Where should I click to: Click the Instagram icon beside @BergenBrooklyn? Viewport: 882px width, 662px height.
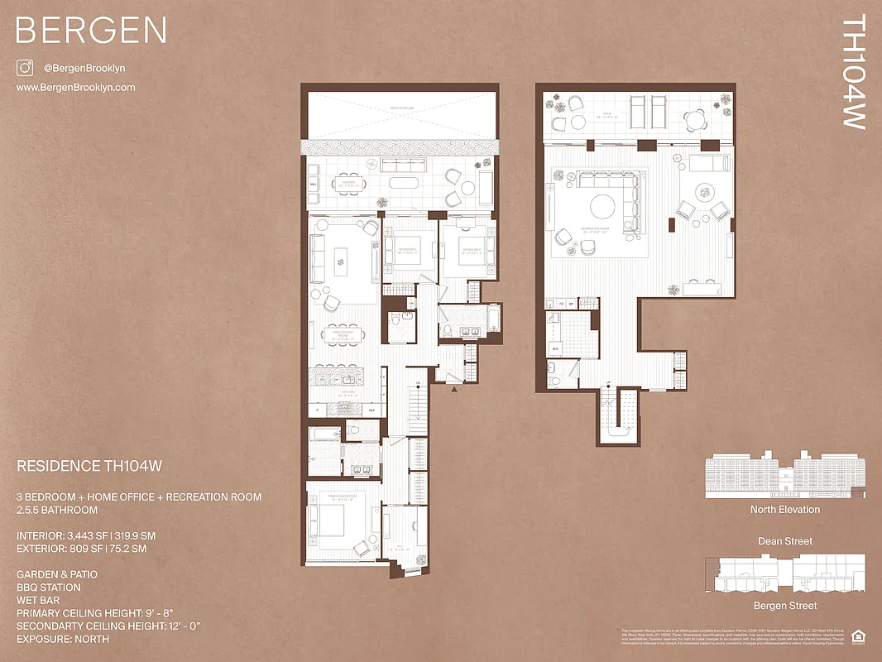pos(25,68)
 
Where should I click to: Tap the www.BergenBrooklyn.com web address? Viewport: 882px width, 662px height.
pos(76,88)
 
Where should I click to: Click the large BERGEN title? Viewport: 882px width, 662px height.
pos(91,31)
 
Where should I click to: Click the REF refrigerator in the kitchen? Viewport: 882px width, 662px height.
pos(371,410)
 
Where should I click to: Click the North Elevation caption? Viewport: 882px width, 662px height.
pos(784,510)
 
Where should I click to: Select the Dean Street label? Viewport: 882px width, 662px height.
pos(785,541)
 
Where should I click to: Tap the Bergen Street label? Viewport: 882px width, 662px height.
pos(785,606)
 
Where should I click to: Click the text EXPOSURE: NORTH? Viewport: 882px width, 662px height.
pos(63,639)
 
